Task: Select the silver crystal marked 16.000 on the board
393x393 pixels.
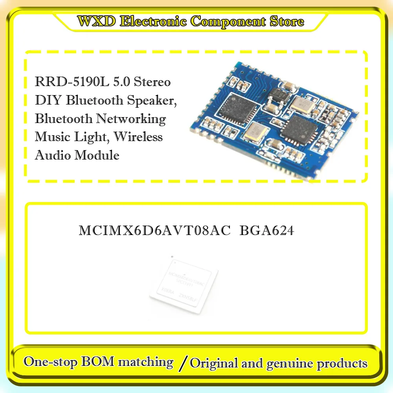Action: coord(302,104)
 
